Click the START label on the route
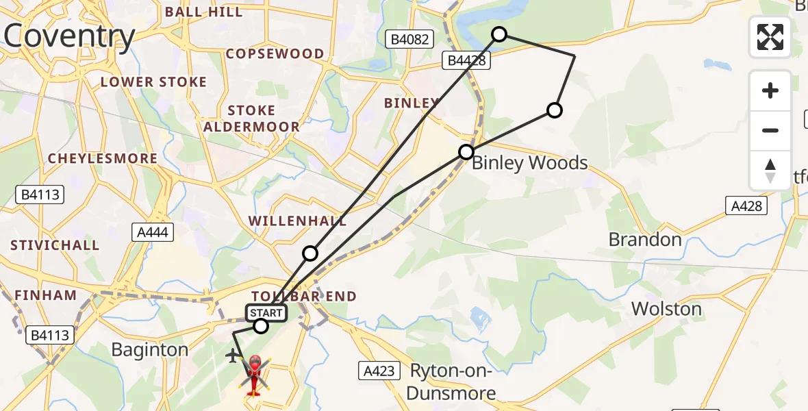266,313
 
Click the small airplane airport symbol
233,356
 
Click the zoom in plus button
770,90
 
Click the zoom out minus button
770,130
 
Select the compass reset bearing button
770,170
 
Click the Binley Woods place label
530,163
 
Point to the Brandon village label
645,240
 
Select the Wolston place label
666,309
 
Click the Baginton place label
149,350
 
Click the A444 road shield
153,233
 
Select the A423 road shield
379,371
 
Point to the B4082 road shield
409,40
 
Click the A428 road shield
745,205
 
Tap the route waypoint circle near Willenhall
310,253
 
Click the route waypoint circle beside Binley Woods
466,151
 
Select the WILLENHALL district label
297,221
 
